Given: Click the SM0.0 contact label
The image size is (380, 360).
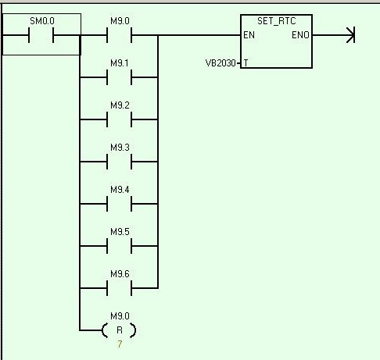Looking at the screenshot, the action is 42,21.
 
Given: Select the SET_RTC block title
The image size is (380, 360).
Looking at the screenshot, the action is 277,21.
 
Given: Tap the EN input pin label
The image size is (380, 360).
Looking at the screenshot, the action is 249,35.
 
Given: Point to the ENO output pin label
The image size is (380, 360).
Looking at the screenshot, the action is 300,35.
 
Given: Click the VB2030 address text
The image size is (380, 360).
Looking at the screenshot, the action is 220,63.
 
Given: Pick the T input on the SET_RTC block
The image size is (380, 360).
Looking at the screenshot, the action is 246,63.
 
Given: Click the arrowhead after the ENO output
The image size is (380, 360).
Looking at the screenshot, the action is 351,35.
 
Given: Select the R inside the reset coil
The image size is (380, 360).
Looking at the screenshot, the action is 120,330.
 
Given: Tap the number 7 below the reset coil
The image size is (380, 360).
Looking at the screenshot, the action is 120,344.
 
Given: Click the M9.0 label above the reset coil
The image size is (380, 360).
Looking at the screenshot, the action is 120,316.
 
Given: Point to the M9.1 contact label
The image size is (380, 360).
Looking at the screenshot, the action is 120,63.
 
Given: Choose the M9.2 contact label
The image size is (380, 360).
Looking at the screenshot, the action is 120,105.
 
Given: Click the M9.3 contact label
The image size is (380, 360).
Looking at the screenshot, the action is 120,148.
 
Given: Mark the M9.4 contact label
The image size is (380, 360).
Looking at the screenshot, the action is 120,190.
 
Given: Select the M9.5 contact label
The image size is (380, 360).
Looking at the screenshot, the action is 120,232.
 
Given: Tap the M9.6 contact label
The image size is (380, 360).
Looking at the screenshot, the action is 120,274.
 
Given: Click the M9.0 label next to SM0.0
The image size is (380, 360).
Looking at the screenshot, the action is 120,21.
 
